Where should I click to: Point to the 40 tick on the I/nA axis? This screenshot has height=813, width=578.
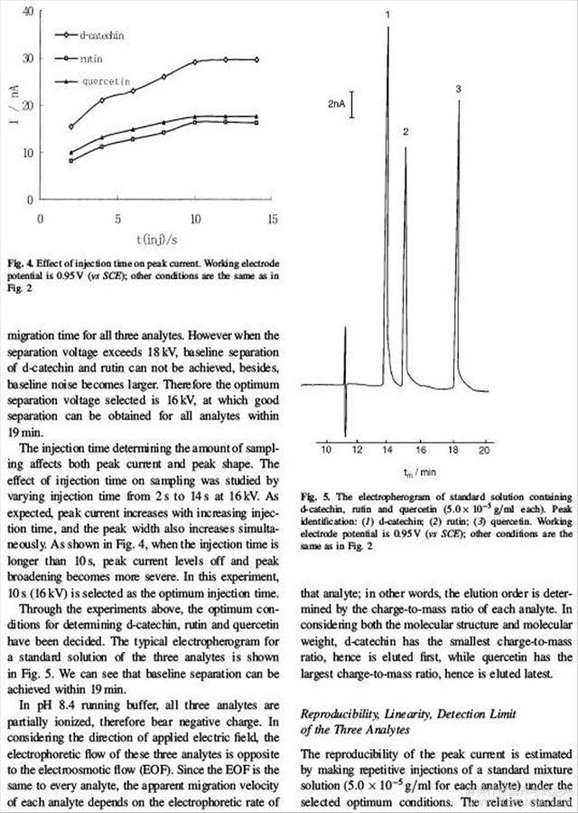[29, 12]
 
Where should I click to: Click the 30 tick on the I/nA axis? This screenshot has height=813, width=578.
[29, 59]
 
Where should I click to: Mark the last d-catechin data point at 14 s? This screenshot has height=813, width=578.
[257, 60]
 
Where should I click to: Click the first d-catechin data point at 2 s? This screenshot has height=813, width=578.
[71, 126]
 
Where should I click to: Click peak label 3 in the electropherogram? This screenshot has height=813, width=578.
[459, 89]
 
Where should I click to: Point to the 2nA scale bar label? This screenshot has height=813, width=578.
[337, 106]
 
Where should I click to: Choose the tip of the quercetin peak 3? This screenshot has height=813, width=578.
[459, 101]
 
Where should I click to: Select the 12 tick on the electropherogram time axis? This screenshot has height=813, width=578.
[357, 449]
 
